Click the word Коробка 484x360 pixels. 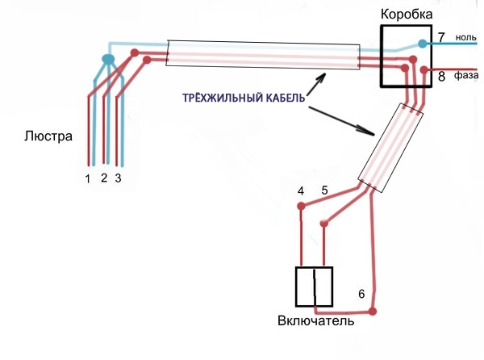pyautogui.click(x=407, y=15)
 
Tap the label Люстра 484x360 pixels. pyautogui.click(x=49, y=136)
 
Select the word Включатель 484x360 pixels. pyautogui.click(x=314, y=322)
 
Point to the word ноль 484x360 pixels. pyautogui.click(x=465, y=37)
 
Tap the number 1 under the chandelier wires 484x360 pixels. pyautogui.click(x=88, y=178)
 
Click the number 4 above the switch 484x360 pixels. pyautogui.click(x=301, y=191)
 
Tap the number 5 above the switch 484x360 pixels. pyautogui.click(x=324, y=191)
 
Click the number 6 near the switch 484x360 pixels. pyautogui.click(x=361, y=294)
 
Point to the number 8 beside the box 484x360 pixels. pyautogui.click(x=440, y=77)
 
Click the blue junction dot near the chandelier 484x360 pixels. pyautogui.click(x=109, y=59)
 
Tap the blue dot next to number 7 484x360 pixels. pyautogui.click(x=422, y=43)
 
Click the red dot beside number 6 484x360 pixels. pyautogui.click(x=373, y=311)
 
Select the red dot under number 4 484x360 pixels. pyautogui.click(x=301, y=207)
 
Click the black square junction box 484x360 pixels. pyautogui.click(x=403, y=55)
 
